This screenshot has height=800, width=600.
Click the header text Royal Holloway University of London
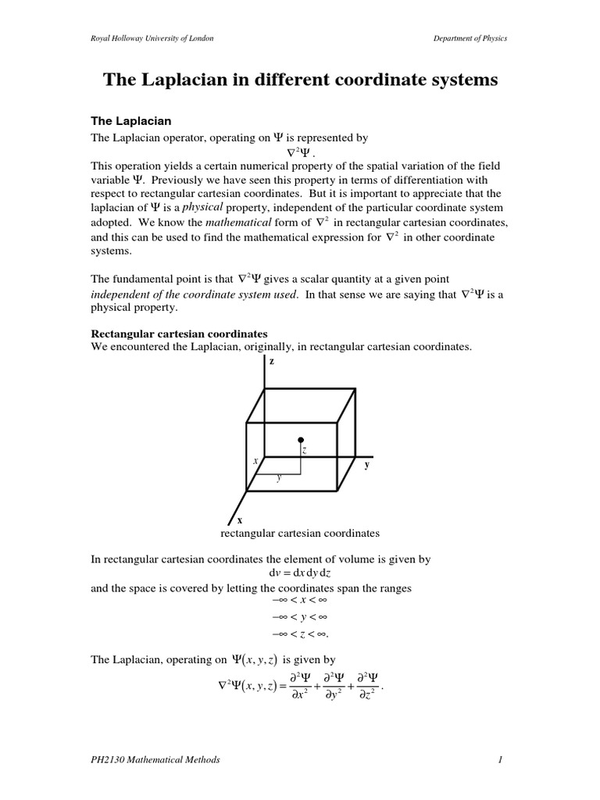tap(152, 38)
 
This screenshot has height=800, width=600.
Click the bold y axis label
tap(366, 464)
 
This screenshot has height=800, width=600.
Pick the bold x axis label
tap(239, 520)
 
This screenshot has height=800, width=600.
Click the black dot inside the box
tap(301, 441)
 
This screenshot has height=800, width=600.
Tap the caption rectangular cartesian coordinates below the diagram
tap(300, 534)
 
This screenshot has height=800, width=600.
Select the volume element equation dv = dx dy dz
tap(300, 574)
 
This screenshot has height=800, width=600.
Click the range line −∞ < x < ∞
tap(300, 600)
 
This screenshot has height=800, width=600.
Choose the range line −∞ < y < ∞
tap(300, 616)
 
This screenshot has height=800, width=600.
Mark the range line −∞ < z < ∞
tap(300, 634)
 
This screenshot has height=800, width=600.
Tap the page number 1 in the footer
tap(505, 759)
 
